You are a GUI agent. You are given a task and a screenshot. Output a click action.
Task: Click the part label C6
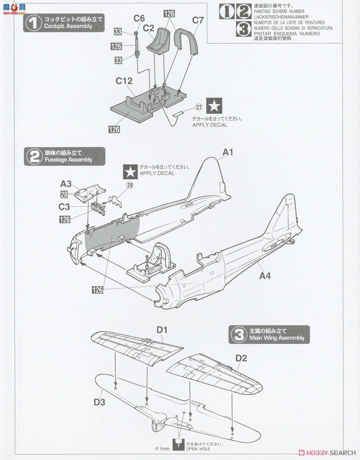tap(139, 18)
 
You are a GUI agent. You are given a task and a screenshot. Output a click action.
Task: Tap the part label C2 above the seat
tap(149, 28)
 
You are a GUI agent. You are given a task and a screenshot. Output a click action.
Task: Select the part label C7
tap(198, 20)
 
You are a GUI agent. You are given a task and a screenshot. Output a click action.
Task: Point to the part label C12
tap(124, 81)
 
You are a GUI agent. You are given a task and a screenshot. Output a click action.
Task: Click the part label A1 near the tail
tap(228, 152)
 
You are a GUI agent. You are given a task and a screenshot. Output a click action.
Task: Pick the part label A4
tap(265, 275)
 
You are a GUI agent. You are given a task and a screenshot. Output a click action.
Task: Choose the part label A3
tap(66, 184)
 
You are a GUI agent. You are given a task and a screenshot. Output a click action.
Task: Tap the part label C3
tap(64, 207)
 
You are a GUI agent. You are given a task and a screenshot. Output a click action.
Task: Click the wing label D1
tap(162, 330)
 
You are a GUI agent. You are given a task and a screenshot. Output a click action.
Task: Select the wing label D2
tap(241, 358)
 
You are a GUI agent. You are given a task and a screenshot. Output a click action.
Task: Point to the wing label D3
tap(99, 402)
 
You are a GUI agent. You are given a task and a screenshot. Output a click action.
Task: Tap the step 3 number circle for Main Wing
tap(239, 335)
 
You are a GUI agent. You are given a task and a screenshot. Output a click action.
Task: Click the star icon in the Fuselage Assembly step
tap(130, 171)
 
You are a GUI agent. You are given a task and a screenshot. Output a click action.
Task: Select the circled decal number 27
tap(199, 107)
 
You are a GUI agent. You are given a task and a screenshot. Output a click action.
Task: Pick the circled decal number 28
tap(130, 185)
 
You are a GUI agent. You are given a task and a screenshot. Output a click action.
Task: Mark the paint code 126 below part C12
tap(114, 129)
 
